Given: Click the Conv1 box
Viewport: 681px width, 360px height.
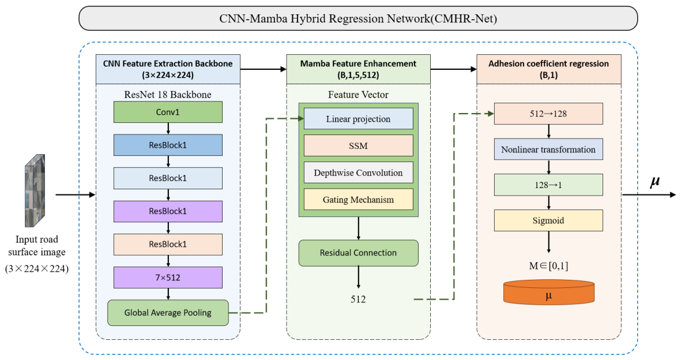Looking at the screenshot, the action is pyautogui.click(x=168, y=112).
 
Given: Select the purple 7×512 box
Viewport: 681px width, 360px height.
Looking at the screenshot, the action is pyautogui.click(x=168, y=277).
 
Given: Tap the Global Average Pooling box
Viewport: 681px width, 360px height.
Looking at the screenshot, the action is pyautogui.click(x=168, y=313).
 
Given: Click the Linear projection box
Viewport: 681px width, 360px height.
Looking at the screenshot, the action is pyautogui.click(x=358, y=119).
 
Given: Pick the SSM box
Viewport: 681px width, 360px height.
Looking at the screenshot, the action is pyautogui.click(x=358, y=145).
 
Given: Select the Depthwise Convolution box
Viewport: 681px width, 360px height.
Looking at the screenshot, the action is pyautogui.click(x=358, y=172).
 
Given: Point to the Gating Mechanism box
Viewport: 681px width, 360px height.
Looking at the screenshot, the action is pyautogui.click(x=358, y=200).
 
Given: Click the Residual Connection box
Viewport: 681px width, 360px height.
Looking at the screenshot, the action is pyautogui.click(x=358, y=253).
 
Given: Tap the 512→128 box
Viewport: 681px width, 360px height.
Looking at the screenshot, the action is pyautogui.click(x=548, y=114).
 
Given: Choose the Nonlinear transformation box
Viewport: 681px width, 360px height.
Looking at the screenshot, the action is pyautogui.click(x=548, y=149).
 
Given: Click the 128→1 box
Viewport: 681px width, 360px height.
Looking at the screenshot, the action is pyautogui.click(x=548, y=185).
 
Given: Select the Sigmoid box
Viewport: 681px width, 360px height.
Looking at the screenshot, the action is pyautogui.click(x=548, y=220).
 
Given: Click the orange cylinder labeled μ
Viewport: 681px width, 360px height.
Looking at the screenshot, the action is pyautogui.click(x=549, y=292).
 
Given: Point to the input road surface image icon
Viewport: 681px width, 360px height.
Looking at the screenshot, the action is pyautogui.click(x=35, y=190).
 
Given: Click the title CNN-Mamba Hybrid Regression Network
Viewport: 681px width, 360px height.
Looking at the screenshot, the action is pyautogui.click(x=358, y=18).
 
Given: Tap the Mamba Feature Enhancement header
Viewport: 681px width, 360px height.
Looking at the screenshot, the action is pyautogui.click(x=358, y=69).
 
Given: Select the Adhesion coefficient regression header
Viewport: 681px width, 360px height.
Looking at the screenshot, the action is pyautogui.click(x=549, y=69).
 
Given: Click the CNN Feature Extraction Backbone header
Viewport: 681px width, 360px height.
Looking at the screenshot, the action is pyautogui.click(x=168, y=69).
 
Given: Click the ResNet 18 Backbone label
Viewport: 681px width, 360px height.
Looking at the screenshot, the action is pyautogui.click(x=168, y=95).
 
